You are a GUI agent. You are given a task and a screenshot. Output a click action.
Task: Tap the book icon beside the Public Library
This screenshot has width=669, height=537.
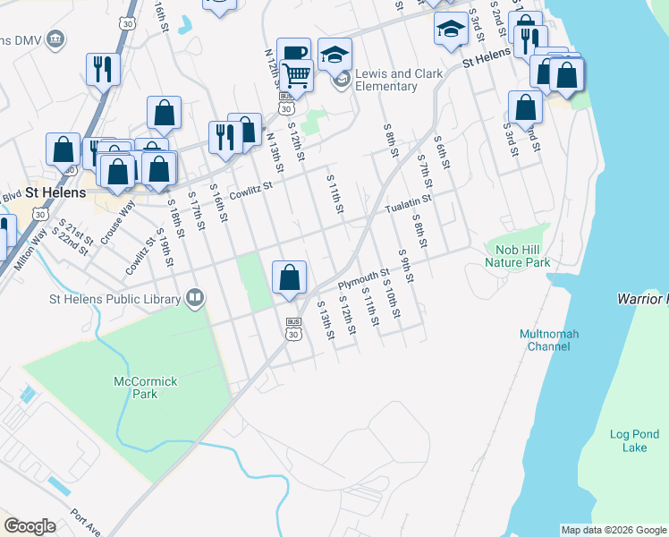[x=196, y=297]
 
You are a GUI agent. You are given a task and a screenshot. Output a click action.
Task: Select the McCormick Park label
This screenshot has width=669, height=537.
[x=146, y=388]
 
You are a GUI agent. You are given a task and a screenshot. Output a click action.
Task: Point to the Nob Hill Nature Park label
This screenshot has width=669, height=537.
[x=518, y=256]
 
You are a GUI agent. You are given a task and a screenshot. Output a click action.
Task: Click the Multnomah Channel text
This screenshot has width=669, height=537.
[x=549, y=340]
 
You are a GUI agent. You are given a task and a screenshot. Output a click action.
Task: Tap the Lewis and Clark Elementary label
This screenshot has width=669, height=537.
[x=386, y=81]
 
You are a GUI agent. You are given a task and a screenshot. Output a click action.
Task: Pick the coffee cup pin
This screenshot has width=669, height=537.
[x=292, y=54]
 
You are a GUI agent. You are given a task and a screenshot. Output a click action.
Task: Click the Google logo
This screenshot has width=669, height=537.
[x=30, y=526]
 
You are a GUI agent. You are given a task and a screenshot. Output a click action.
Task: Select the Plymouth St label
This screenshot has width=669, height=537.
[x=364, y=279]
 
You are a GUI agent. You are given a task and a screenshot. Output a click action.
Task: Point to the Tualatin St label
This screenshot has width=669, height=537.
[x=409, y=205]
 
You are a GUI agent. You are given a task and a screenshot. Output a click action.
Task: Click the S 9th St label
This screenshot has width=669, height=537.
[x=407, y=266]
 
